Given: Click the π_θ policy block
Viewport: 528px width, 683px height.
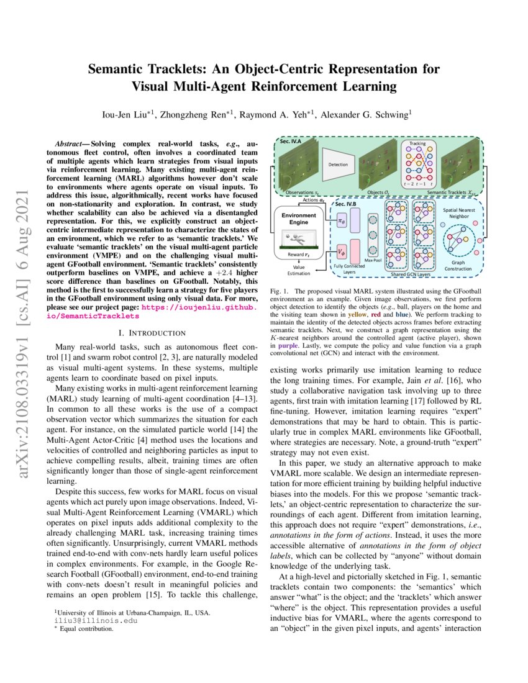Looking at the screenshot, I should tap(341, 221).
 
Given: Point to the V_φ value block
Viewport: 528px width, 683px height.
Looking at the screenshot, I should tap(341, 251).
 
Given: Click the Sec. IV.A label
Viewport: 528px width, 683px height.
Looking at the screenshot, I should tap(291, 142).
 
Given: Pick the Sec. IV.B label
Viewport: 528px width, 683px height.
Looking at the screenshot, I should tap(347, 204).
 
